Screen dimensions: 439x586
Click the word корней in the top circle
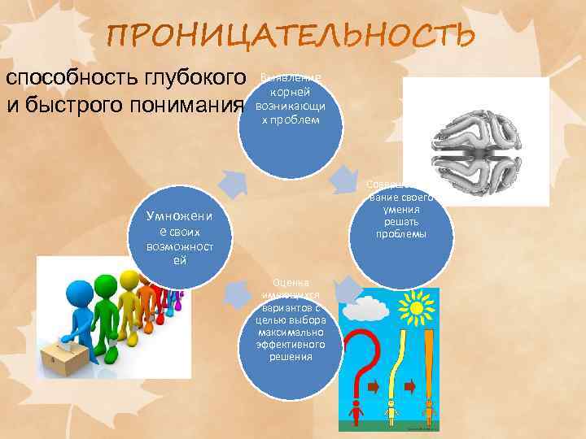tap(290, 92)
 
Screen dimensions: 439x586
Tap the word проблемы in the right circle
tap(401, 234)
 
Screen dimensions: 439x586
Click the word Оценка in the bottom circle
tap(291, 282)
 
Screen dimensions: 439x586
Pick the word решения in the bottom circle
tap(291, 356)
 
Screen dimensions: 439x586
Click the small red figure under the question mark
tap(356, 411)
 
